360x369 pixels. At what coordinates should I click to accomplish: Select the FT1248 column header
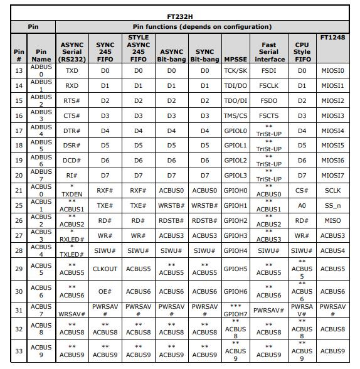point(332,37)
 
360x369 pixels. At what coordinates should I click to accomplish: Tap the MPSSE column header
point(235,59)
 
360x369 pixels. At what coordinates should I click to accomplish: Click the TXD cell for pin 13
point(72,71)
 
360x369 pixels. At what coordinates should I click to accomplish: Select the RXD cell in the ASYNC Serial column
point(72,86)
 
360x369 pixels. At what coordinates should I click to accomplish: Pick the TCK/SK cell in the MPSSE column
point(235,71)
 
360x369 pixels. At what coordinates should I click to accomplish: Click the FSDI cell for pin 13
point(268,71)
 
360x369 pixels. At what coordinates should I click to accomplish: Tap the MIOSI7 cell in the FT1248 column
point(332,176)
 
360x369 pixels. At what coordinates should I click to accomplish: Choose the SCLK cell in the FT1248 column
point(332,190)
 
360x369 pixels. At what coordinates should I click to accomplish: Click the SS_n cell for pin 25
point(332,205)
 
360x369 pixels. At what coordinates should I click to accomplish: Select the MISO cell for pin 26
point(332,220)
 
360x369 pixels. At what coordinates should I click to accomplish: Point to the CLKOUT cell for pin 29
point(105,269)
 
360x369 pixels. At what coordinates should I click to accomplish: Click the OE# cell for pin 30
point(105,291)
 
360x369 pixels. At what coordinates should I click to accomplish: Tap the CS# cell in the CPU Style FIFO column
point(302,190)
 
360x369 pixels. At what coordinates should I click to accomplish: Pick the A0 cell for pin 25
point(302,205)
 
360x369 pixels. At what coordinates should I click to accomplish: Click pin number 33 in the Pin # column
point(19,351)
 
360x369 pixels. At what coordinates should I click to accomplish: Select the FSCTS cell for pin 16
point(268,116)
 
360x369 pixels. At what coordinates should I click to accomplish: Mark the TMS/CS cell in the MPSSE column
point(235,116)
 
